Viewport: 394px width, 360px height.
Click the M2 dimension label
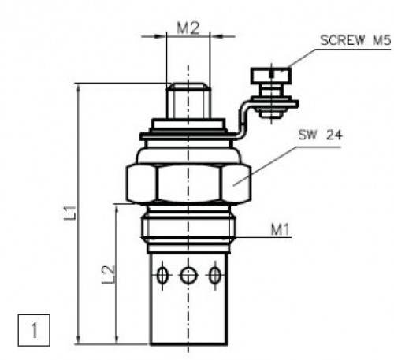188,28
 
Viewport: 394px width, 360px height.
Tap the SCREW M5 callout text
355,40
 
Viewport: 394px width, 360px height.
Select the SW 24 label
320,135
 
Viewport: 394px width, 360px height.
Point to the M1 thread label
281,229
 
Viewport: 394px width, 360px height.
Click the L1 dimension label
71,213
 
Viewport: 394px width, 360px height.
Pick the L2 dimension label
109,274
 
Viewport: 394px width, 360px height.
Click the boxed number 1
34,330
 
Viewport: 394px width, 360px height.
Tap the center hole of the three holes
188,276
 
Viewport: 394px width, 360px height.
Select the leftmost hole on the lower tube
162,276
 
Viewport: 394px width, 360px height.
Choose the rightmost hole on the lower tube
215,276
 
